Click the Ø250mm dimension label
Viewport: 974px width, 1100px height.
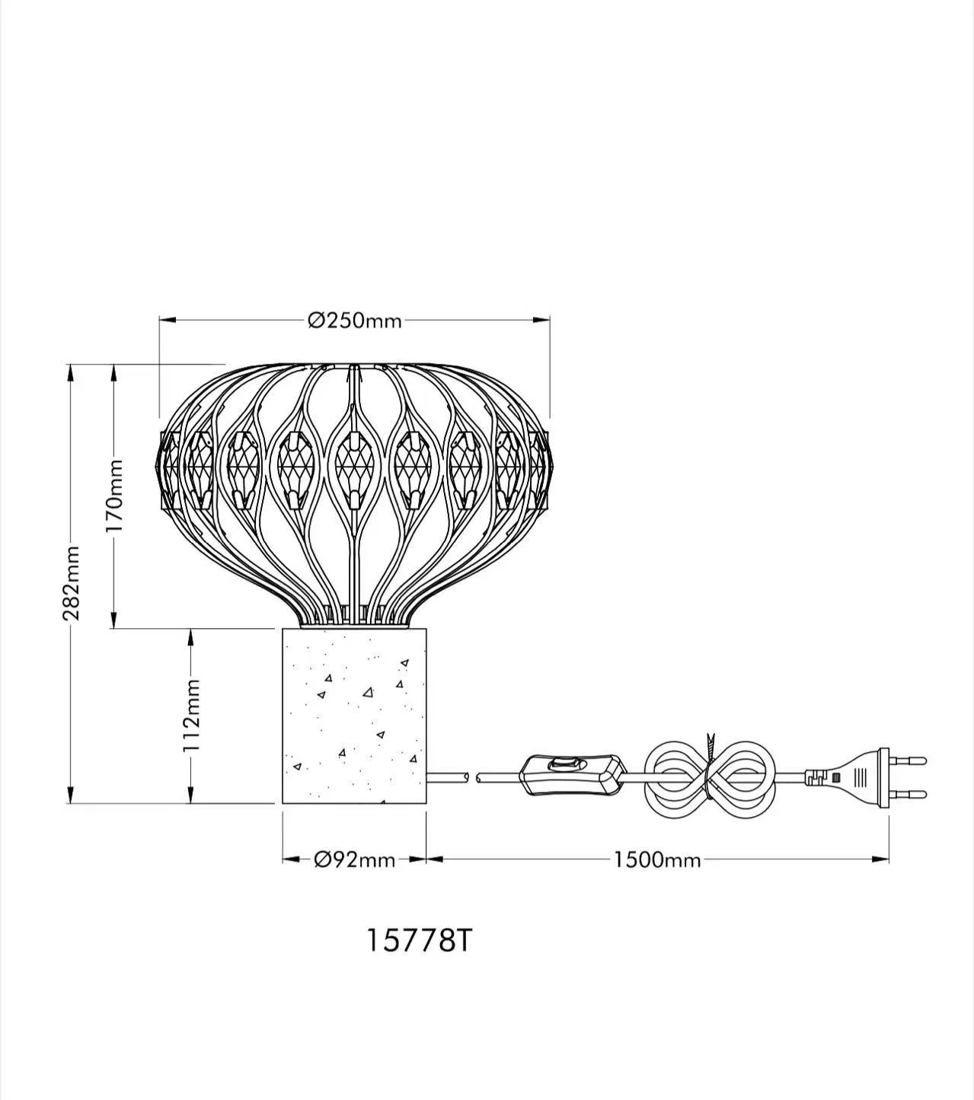point(355,321)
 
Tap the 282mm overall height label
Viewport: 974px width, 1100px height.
point(72,583)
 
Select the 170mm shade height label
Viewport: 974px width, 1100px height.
point(115,495)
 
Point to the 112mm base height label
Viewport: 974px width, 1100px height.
point(192,716)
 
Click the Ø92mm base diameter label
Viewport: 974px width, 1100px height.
point(355,859)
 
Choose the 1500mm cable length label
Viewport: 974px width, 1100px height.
point(657,860)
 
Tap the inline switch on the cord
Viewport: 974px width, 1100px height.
point(573,774)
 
